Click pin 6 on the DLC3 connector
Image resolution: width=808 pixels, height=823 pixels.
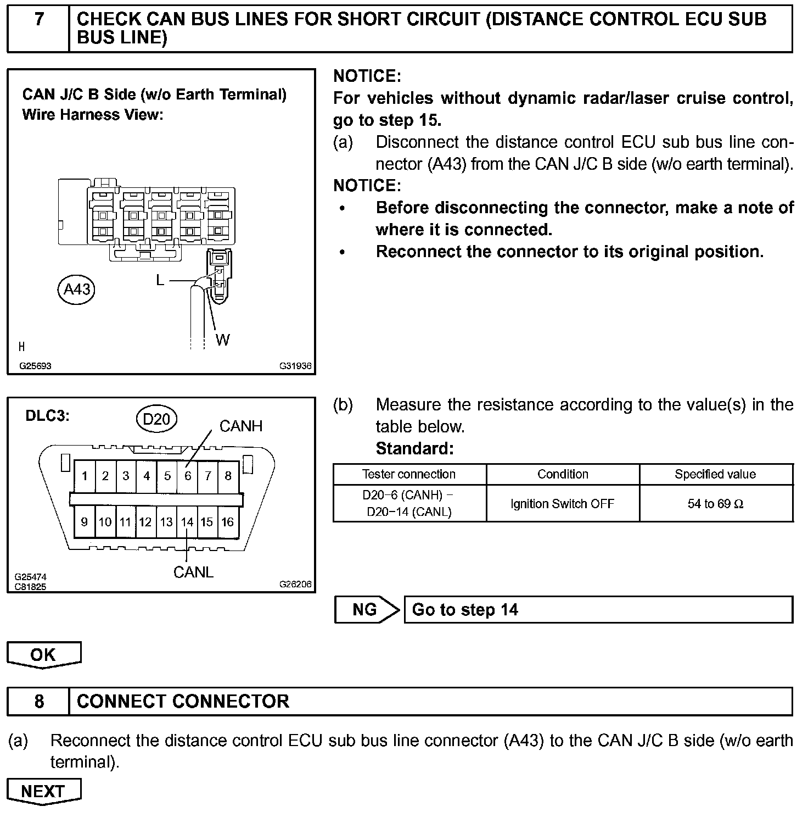pyautogui.click(x=188, y=476)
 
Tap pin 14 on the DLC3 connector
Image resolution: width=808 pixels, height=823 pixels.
pyautogui.click(x=187, y=522)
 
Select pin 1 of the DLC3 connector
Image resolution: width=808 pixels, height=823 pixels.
pyautogui.click(x=85, y=476)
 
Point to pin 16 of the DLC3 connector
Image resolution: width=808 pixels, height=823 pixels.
pyautogui.click(x=228, y=522)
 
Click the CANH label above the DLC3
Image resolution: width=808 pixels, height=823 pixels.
pyautogui.click(x=241, y=426)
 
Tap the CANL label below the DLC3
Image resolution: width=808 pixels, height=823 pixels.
pyautogui.click(x=193, y=572)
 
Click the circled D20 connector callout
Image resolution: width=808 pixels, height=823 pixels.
pyautogui.click(x=156, y=419)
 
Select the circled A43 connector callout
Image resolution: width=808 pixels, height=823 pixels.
pyautogui.click(x=76, y=289)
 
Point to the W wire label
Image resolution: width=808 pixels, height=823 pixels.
pyautogui.click(x=222, y=340)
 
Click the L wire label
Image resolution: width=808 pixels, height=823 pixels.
pyautogui.click(x=160, y=280)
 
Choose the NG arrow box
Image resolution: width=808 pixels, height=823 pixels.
pyautogui.click(x=366, y=609)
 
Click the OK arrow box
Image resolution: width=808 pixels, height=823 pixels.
pyautogui.click(x=44, y=654)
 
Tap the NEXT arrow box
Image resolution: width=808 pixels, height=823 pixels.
pyautogui.click(x=44, y=791)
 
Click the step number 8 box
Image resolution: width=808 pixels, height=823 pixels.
pyautogui.click(x=38, y=702)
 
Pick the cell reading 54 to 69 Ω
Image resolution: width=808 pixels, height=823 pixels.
pyautogui.click(x=716, y=503)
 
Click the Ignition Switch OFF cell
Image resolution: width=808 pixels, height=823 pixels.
pyautogui.click(x=562, y=503)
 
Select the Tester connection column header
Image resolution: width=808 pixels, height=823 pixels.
pyautogui.click(x=409, y=474)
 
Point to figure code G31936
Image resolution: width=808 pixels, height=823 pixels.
pyautogui.click(x=295, y=366)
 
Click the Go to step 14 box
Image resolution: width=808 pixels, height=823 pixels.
pyautogui.click(x=598, y=609)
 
